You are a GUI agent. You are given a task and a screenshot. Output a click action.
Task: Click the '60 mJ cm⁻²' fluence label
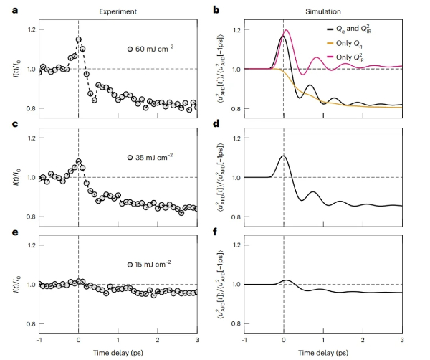(154, 49)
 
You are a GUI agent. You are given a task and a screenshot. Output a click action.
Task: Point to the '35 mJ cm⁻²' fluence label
(154, 157)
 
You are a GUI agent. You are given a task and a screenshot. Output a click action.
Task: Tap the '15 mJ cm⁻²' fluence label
(154, 265)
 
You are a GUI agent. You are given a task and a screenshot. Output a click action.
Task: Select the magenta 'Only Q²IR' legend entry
(364, 55)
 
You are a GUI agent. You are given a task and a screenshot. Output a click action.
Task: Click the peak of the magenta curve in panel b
(287, 30)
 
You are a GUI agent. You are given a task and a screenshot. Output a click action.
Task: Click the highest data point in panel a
(79, 39)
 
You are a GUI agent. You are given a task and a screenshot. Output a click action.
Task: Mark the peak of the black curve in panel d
(283, 156)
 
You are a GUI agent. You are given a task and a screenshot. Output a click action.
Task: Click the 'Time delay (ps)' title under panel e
(119, 353)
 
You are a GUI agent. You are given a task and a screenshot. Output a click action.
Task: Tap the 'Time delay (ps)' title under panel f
(324, 353)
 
